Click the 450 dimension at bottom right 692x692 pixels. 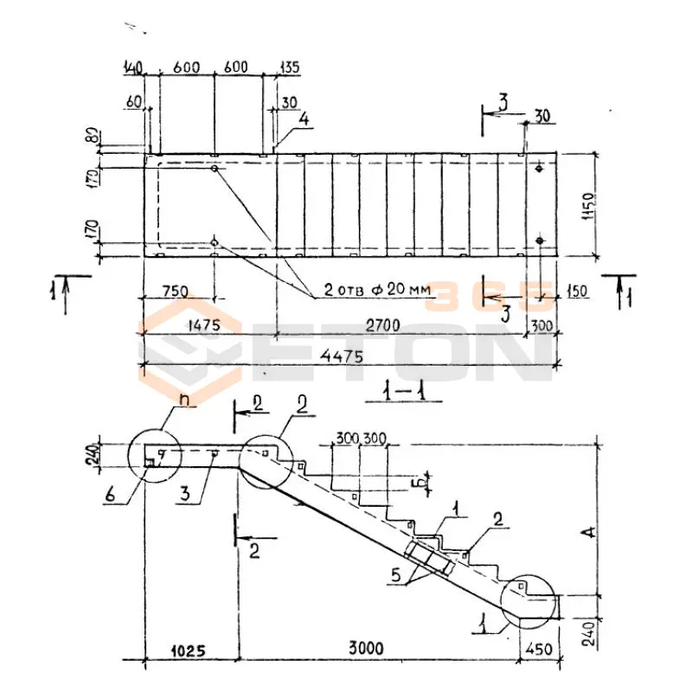[x=538, y=648]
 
